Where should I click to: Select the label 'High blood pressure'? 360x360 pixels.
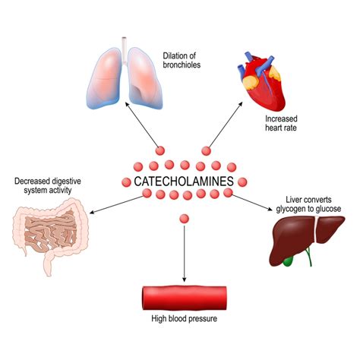[x=185, y=319]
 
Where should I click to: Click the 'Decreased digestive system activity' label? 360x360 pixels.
[x=47, y=186]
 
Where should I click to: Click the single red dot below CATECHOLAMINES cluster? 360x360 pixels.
[x=184, y=219]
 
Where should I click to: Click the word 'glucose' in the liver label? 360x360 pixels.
[x=325, y=208]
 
